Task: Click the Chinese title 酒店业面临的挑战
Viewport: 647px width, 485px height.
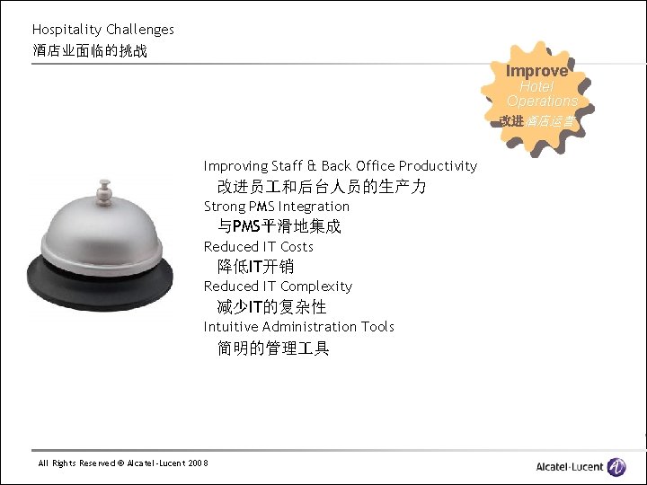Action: [x=90, y=51]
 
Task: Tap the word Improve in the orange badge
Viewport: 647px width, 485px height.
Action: [x=536, y=70]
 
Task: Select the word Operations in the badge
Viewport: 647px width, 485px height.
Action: [x=541, y=101]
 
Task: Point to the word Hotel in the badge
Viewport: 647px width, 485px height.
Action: [x=536, y=87]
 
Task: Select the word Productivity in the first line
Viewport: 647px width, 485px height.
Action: [x=438, y=166]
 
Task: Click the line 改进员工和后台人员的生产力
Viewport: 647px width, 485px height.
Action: [x=322, y=187]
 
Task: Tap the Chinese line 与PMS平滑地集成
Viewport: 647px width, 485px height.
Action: [x=279, y=227]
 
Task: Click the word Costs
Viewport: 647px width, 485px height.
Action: [x=297, y=247]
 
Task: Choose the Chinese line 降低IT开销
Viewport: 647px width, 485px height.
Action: [x=255, y=267]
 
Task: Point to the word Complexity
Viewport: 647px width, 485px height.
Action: [x=316, y=287]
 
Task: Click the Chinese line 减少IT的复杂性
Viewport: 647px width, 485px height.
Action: [x=271, y=307]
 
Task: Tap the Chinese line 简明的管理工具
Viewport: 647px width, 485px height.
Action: [x=273, y=348]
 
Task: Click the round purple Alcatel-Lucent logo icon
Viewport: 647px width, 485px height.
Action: [x=616, y=466]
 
